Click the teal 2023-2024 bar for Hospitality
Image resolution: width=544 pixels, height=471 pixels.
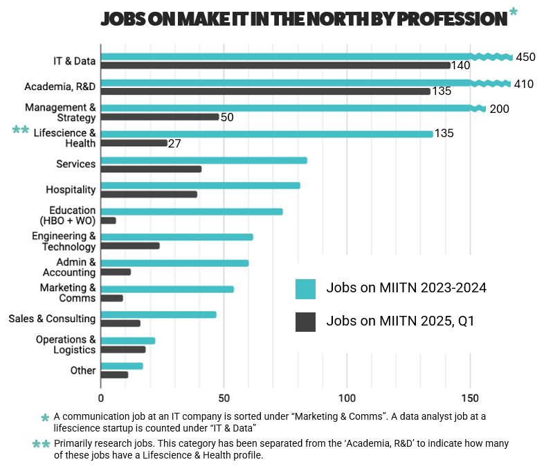pos(200,185)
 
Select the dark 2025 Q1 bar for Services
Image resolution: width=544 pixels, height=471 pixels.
pos(151,169)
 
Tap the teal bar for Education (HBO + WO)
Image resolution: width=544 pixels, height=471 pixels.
pos(192,211)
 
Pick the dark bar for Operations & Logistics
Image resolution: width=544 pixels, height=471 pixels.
pos(123,350)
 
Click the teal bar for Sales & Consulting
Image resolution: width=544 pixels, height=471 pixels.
pos(158,314)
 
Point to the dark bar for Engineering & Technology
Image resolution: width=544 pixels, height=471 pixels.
pos(130,246)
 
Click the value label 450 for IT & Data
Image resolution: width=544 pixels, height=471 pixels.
pos(525,57)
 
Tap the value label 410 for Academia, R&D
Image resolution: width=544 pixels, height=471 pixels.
pos(523,84)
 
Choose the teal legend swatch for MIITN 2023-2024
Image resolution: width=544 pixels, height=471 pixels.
pos(305,288)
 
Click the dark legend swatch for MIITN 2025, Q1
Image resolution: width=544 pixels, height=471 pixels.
pos(305,321)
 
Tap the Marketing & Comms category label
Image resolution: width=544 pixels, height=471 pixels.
pos(67,293)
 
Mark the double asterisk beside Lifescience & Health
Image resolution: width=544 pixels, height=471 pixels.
pos(21,130)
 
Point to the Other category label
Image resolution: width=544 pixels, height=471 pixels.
pos(83,371)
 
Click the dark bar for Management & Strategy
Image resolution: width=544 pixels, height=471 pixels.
pos(160,117)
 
